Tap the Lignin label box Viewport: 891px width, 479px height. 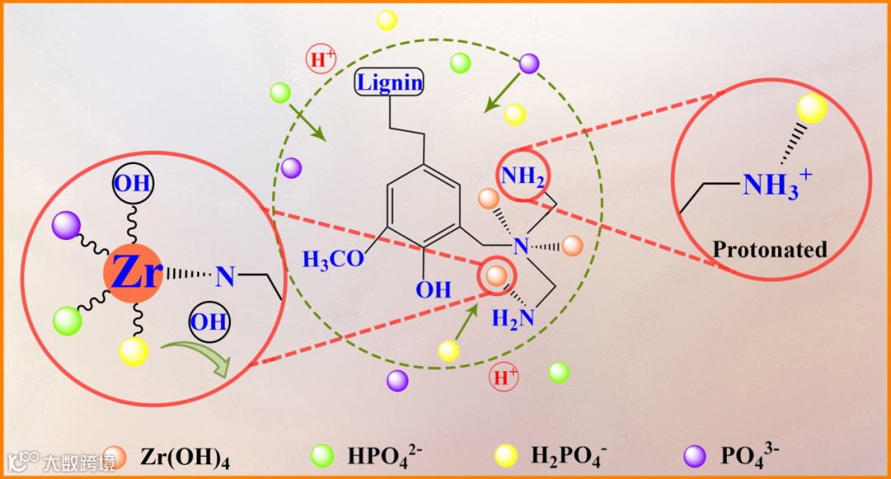coord(389,82)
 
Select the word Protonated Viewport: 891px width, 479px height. coord(770,249)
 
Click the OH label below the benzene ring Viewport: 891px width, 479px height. coord(433,289)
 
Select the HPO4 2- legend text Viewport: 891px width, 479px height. coord(384,455)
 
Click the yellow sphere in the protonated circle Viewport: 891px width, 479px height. coord(812,108)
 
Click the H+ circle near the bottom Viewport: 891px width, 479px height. coord(503,378)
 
